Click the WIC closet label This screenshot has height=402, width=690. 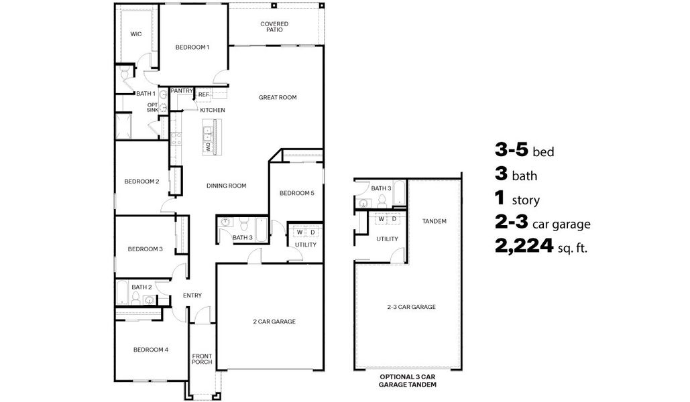136,33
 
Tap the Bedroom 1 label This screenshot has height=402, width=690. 192,47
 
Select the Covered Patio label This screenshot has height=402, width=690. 274,27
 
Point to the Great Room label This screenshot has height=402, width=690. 278,97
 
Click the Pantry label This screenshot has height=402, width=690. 182,90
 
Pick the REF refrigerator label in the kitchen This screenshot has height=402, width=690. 203,94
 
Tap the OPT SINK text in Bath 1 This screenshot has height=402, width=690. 153,107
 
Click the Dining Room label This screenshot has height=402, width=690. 226,186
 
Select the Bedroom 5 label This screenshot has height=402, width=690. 296,193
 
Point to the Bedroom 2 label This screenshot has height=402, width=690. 141,181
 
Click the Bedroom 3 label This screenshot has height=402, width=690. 145,249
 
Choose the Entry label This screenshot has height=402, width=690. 192,295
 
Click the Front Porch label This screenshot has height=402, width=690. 202,359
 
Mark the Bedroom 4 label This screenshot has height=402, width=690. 150,349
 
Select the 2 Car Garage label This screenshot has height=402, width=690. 274,322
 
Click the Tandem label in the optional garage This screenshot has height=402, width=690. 435,221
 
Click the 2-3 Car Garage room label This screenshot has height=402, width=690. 411,307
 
